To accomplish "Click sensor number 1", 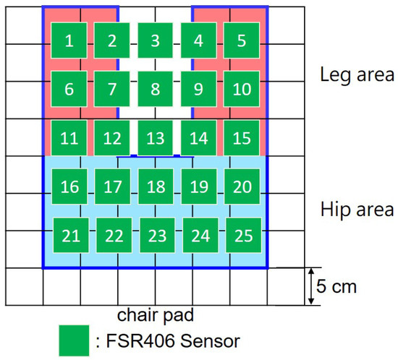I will tap(69, 41).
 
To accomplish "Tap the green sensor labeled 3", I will tap(155, 41).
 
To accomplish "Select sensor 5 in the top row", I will tap(242, 41).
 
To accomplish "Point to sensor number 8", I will tap(155, 90).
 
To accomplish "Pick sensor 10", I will tap(242, 90).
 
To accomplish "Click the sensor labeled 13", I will tap(155, 138).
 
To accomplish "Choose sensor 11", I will tap(69, 138).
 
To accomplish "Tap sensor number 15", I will tap(242, 138).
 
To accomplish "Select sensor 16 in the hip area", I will tap(70, 187).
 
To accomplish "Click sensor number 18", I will tap(156, 187).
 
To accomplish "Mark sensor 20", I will tap(242, 187).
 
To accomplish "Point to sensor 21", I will tap(70, 236).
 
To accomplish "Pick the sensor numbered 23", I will tap(156, 236).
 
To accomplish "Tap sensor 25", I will tap(243, 236).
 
